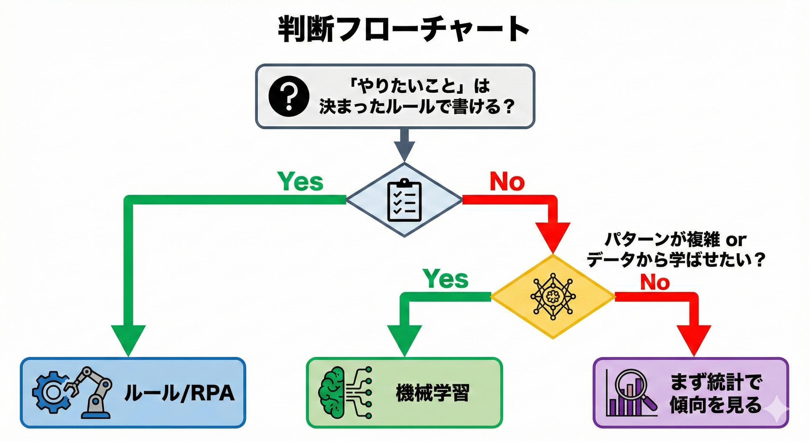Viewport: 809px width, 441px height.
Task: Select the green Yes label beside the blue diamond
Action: pos(301,182)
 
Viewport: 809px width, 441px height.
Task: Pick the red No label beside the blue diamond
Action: pos(507,182)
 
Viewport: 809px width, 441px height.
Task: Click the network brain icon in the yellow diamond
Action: pos(553,296)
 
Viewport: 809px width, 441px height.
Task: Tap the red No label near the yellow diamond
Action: pos(655,282)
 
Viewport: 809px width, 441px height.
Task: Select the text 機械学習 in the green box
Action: pos(433,393)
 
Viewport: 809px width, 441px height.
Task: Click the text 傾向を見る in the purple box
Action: pos(715,405)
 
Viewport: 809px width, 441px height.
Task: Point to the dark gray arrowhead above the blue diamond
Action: pos(404,151)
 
